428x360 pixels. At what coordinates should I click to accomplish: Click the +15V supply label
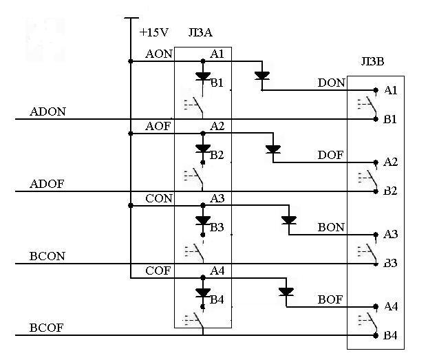[154, 32]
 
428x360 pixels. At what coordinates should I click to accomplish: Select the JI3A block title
[200, 32]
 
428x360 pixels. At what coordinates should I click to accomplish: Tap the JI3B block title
[372, 61]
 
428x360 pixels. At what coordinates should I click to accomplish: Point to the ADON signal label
[47, 112]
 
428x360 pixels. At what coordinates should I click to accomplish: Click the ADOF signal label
[47, 184]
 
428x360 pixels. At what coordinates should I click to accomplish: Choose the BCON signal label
[47, 256]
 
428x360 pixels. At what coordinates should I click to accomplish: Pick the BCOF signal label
[46, 328]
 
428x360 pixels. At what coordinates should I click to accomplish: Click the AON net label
[159, 54]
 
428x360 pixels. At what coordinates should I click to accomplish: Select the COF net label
[158, 271]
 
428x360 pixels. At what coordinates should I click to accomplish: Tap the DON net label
[332, 83]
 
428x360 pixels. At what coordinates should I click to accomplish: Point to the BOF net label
[330, 299]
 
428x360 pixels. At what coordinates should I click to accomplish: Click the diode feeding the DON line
[262, 76]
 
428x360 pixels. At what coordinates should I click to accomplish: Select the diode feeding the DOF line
[273, 149]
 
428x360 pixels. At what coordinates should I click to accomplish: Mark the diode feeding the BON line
[289, 220]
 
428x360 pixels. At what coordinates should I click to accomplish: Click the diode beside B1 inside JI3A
[203, 76]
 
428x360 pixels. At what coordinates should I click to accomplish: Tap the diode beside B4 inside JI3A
[203, 293]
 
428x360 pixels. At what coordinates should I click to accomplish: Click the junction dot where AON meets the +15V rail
[131, 61]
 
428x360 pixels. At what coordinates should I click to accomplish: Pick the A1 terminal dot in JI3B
[376, 90]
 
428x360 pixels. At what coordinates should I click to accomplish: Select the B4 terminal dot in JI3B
[376, 335]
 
